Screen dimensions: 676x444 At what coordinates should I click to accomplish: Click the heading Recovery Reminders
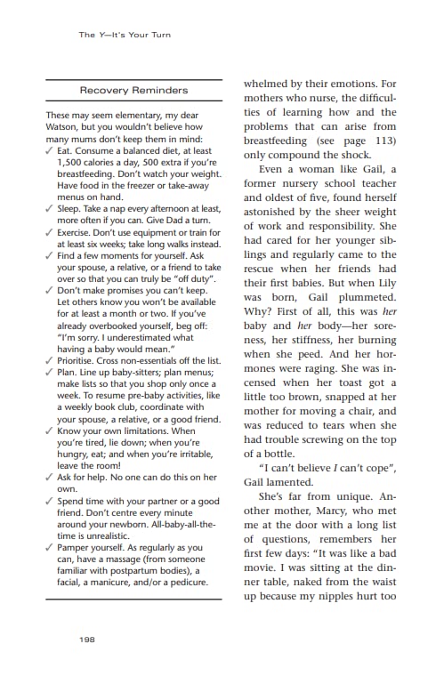pyautogui.click(x=133, y=91)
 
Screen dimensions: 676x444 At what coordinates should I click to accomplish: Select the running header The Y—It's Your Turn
pyautogui.click(x=124, y=35)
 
